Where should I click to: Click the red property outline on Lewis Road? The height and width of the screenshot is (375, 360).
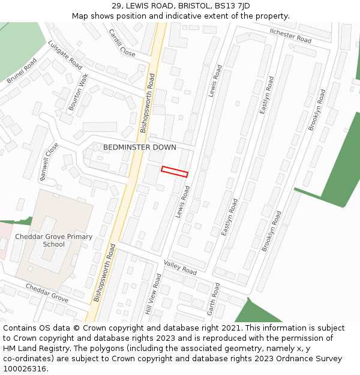click(x=175, y=172)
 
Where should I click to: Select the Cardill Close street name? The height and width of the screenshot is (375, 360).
click(x=122, y=43)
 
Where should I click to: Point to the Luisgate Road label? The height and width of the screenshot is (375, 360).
click(x=65, y=55)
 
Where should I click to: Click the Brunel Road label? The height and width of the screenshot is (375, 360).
click(x=22, y=71)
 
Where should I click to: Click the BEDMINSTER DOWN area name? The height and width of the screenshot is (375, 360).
click(x=140, y=147)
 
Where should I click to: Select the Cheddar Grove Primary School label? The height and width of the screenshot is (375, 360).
click(x=54, y=240)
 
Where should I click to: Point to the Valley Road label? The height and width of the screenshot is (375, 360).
click(x=180, y=267)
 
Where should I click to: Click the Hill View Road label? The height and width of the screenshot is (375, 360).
click(x=153, y=295)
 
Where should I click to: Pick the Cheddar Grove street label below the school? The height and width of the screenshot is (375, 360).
click(x=47, y=292)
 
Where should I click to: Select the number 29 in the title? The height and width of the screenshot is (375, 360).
click(x=116, y=6)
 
